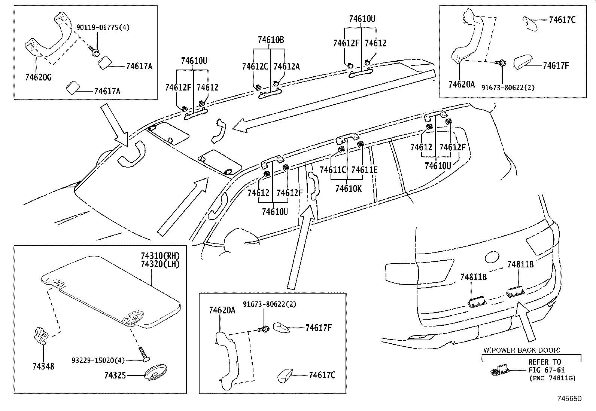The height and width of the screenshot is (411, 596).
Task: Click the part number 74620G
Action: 38,78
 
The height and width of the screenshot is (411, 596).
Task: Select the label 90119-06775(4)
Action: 103,27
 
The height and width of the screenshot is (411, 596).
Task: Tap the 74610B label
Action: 270,40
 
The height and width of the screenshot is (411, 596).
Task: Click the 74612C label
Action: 255,67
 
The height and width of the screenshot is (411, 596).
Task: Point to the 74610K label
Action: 348,188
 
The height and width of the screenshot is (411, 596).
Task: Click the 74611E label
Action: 364,170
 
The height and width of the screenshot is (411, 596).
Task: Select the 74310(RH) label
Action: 160,256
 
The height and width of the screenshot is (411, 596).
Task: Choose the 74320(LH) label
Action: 160,264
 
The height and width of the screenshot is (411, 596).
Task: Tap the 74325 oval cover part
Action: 155,374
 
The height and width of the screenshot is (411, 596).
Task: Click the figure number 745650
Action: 569,399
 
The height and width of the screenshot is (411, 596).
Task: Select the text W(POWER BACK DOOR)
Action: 521,350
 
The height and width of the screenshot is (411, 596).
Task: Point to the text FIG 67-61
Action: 546,370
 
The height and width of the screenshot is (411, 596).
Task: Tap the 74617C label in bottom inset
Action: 322,375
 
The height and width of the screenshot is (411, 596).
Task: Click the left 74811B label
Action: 473,277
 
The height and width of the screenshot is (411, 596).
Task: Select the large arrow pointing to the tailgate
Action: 525,322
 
